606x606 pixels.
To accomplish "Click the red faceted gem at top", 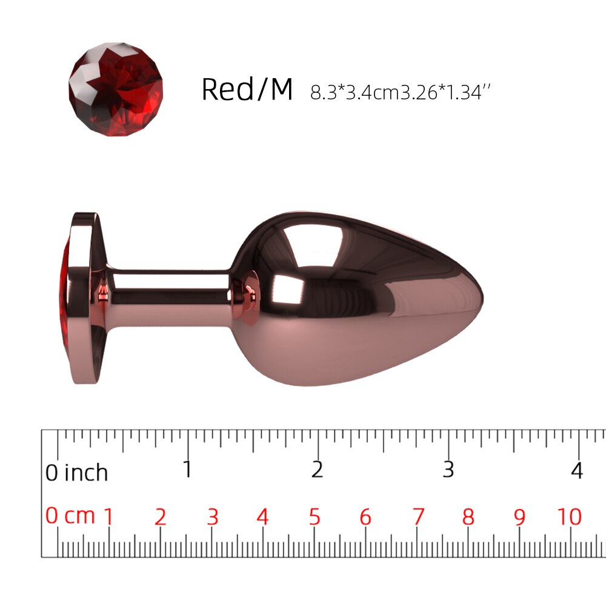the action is click(x=116, y=89).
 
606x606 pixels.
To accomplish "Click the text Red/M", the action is click(x=247, y=89).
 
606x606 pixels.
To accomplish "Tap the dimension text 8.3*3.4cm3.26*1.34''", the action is click(x=401, y=92).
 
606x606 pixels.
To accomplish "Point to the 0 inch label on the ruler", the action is click(x=76, y=472).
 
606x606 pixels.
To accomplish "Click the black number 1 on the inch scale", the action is click(x=187, y=469).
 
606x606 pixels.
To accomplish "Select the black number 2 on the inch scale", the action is click(x=317, y=469).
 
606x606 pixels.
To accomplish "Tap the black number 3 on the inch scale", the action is click(x=448, y=469).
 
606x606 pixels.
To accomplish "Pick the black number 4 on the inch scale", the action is click(x=577, y=470).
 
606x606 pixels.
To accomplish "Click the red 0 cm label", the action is click(x=70, y=516).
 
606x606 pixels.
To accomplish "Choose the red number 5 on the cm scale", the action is click(x=315, y=517).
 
